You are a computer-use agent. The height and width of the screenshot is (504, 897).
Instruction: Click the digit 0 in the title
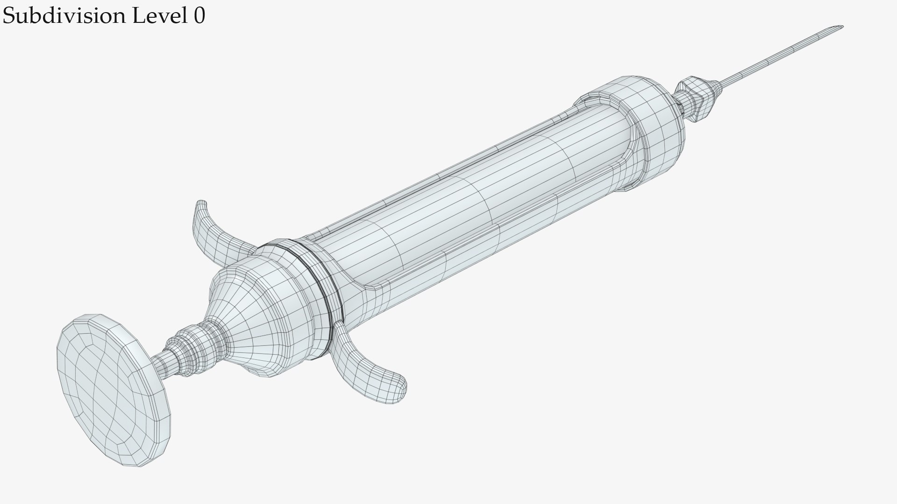coord(199,17)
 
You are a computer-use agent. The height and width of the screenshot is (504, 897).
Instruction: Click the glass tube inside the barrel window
coord(467,196)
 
